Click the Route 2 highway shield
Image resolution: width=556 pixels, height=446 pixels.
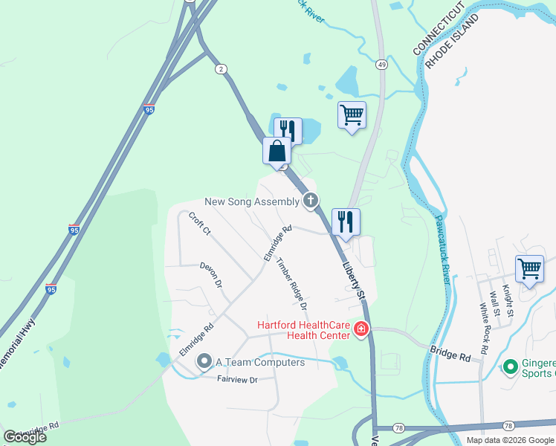click(x=222, y=69)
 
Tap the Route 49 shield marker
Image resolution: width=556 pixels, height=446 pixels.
click(x=380, y=65)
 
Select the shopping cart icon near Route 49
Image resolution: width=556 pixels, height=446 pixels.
click(x=352, y=115)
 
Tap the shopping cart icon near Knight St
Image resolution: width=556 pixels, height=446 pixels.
click(x=529, y=269)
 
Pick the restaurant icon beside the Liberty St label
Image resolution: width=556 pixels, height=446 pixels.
click(x=346, y=222)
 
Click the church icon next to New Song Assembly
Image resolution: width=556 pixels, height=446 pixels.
click(x=311, y=200)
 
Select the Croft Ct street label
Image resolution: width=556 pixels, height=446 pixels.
click(x=200, y=224)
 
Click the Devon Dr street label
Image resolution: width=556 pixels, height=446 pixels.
click(x=210, y=274)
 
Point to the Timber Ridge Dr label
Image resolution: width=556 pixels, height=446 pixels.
click(x=292, y=285)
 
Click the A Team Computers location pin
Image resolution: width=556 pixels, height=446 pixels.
click(x=204, y=361)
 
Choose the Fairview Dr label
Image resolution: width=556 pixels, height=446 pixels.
click(x=237, y=379)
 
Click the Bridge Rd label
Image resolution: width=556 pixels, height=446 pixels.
click(x=450, y=352)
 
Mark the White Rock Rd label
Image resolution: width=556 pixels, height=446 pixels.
click(x=484, y=328)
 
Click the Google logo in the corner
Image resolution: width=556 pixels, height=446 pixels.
click(x=25, y=437)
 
